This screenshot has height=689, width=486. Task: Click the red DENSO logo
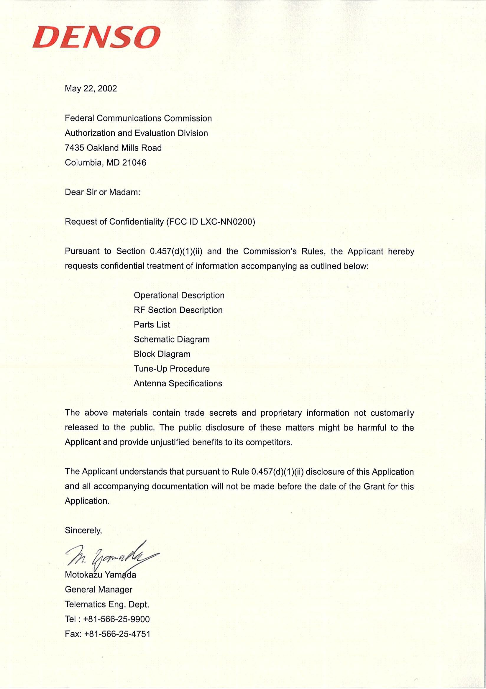click(x=96, y=37)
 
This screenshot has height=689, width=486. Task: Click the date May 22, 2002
click(x=91, y=88)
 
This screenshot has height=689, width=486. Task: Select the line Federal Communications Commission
click(x=138, y=118)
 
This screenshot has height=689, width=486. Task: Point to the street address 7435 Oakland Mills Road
click(x=113, y=148)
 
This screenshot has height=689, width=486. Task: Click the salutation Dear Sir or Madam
click(x=102, y=192)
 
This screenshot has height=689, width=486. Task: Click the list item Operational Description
click(x=179, y=295)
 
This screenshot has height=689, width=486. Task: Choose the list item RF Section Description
click(x=178, y=310)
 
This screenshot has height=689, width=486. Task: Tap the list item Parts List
click(x=152, y=325)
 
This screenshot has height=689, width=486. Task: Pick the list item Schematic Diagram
click(x=172, y=339)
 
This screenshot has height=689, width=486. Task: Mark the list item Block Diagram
click(x=162, y=354)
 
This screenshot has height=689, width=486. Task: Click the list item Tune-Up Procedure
click(x=172, y=369)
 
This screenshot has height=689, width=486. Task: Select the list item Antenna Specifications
click(x=178, y=383)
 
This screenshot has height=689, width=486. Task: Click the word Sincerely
click(x=83, y=531)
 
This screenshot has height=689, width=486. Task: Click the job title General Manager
click(x=98, y=590)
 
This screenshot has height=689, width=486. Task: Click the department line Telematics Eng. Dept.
click(x=107, y=604)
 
